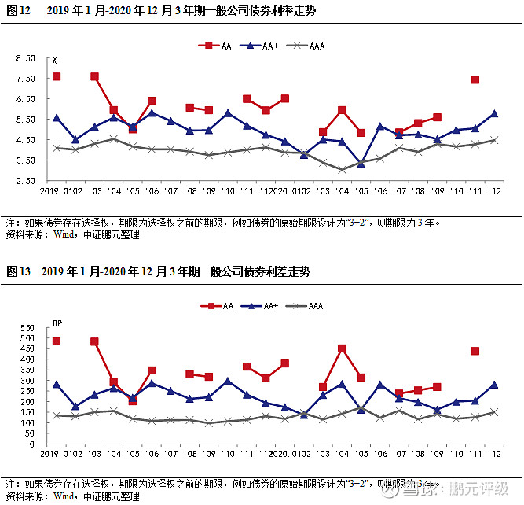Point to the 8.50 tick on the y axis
[25, 58]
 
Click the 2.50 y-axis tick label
[25, 181]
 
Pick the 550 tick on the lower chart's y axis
[28, 327]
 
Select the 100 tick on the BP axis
[28, 423]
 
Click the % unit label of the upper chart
[55, 61]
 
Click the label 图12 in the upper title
[18, 10]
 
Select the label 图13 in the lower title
[18, 271]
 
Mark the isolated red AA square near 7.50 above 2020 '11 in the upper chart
[475, 79]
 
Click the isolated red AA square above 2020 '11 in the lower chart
[475, 351]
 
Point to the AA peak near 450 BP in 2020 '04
[342, 348]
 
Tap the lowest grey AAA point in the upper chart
[342, 169]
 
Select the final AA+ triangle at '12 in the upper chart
[494, 113]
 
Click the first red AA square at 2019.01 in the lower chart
[57, 341]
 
